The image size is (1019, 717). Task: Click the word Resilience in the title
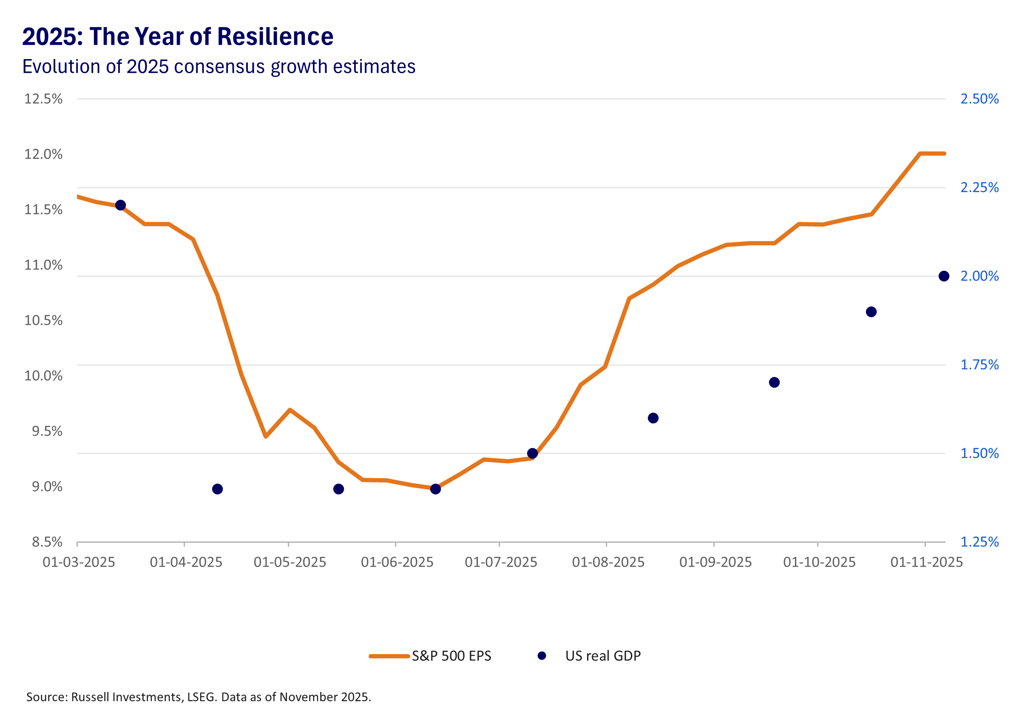click(x=275, y=37)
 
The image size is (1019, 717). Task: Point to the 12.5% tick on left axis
click(x=43, y=99)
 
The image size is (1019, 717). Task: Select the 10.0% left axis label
click(x=43, y=376)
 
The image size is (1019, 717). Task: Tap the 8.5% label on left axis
click(x=47, y=542)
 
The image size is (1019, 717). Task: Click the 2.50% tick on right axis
click(x=979, y=99)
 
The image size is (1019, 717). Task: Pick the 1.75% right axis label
click(x=979, y=365)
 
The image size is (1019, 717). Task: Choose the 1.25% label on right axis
click(x=979, y=542)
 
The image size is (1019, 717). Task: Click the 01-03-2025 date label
click(x=79, y=562)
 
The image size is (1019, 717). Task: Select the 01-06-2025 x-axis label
click(x=397, y=562)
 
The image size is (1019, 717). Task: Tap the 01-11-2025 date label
click(x=926, y=562)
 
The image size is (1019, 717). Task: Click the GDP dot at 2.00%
click(x=944, y=276)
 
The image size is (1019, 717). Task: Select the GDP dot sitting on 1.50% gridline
click(x=532, y=453)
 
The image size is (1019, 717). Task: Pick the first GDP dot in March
click(x=120, y=205)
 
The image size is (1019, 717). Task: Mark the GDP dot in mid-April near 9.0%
click(x=217, y=489)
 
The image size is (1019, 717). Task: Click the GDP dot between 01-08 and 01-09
click(x=653, y=418)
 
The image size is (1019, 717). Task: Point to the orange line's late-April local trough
click(x=265, y=436)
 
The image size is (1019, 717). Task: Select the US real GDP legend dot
click(x=542, y=655)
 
